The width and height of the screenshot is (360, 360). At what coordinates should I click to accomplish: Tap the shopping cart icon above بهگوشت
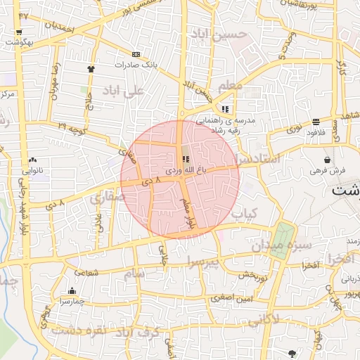pyautogui.click(x=19, y=32)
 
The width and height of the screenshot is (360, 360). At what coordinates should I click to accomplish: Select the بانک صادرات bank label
pyautogui.click(x=136, y=64)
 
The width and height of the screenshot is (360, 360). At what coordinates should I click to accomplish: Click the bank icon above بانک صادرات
pyautogui.click(x=136, y=54)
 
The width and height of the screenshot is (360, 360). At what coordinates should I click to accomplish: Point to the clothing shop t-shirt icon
pyautogui.click(x=91, y=69)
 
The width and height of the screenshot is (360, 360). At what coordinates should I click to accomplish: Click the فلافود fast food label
pyautogui.click(x=316, y=131)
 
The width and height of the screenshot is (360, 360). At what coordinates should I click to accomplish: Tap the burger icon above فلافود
pyautogui.click(x=316, y=121)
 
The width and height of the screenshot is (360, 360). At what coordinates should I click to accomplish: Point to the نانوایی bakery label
pyautogui.click(x=34, y=171)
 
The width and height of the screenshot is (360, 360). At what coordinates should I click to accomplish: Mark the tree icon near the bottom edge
pyautogui.click(x=292, y=352)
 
